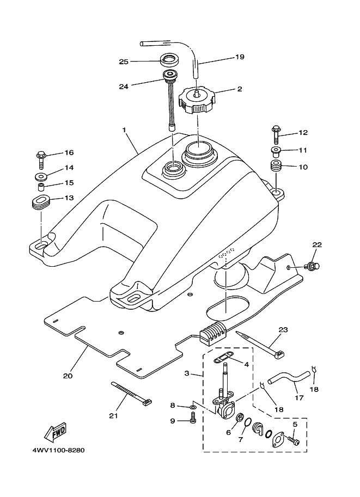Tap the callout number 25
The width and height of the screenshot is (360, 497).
pos(124,62)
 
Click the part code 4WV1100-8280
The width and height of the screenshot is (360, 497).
pos(54,451)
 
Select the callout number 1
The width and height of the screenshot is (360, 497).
pos(124,130)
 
